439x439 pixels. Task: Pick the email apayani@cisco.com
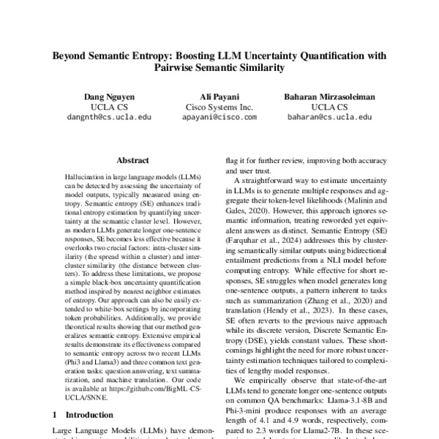click(219, 116)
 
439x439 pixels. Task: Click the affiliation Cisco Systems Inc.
click(219, 106)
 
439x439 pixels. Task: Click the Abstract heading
click(133, 160)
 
